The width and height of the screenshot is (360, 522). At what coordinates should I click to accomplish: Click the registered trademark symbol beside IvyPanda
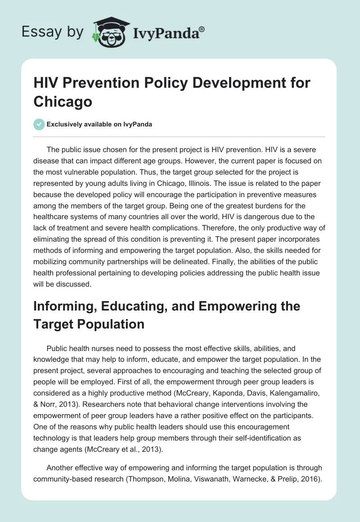click(x=202, y=29)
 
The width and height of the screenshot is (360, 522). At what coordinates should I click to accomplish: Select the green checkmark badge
click(x=39, y=124)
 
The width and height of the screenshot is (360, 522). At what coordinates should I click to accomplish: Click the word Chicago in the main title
click(x=63, y=101)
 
